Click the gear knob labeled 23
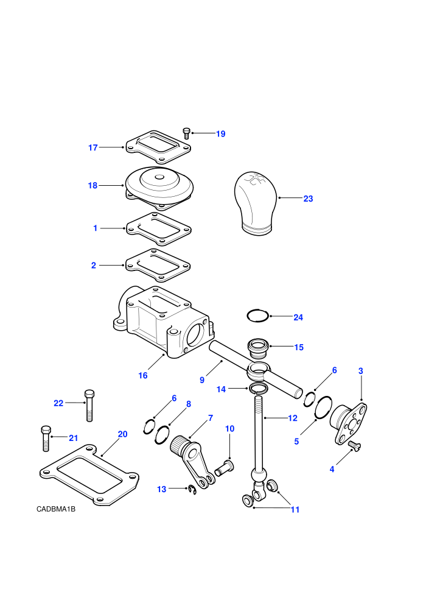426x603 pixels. (x=256, y=203)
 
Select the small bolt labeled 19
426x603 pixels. (x=187, y=133)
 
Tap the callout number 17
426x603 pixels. (x=93, y=147)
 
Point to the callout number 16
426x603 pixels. (x=143, y=375)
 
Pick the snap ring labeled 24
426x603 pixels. (x=257, y=316)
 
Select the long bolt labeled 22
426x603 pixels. (x=89, y=406)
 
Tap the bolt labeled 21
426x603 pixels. (x=46, y=439)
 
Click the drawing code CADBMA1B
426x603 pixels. (x=56, y=509)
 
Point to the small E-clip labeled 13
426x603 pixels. (x=192, y=490)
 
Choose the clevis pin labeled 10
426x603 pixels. (x=225, y=468)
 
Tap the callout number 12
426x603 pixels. (x=293, y=418)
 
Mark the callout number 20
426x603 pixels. (x=122, y=434)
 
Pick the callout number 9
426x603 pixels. (x=202, y=380)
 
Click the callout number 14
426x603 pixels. (x=222, y=389)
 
